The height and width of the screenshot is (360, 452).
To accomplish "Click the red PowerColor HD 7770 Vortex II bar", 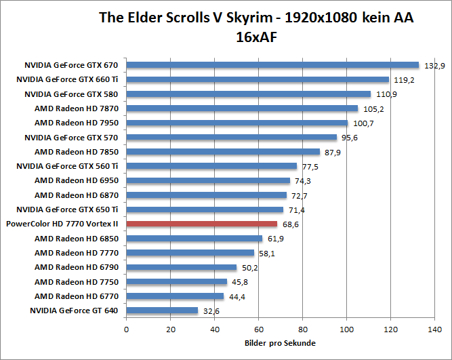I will [x=201, y=224].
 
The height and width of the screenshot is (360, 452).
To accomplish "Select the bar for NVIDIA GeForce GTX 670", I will [x=272, y=65].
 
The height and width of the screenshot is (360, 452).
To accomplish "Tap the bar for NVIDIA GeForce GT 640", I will [x=162, y=311].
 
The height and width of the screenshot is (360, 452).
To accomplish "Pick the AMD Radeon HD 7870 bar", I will [x=242, y=108].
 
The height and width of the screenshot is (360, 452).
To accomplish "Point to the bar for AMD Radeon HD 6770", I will [x=175, y=296].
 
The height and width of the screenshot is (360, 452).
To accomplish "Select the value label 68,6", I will [x=289, y=224].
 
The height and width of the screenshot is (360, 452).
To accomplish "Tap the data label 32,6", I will [x=210, y=311].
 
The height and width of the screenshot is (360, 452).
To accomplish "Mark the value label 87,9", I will [x=332, y=153].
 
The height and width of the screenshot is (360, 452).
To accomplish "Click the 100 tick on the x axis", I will [x=346, y=330].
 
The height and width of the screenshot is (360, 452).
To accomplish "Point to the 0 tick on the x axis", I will [x=126, y=330].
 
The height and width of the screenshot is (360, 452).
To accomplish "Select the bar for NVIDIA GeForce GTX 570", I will [x=231, y=137].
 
